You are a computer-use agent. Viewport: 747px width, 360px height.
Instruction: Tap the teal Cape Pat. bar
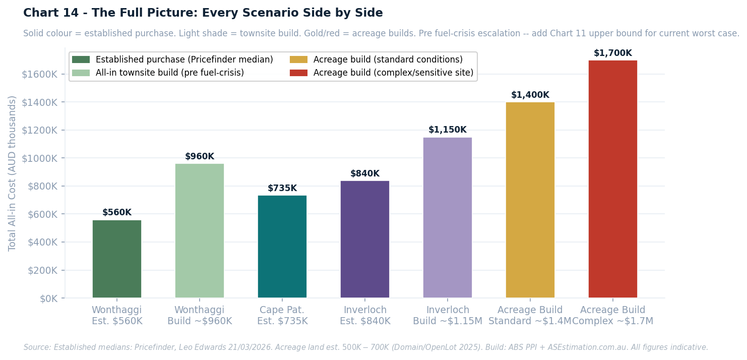point(282,247)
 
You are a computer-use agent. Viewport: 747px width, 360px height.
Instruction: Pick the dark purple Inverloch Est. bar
point(365,239)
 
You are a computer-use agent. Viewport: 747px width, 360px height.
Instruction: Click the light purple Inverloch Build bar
point(448,217)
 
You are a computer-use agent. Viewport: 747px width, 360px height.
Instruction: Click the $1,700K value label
point(613,53)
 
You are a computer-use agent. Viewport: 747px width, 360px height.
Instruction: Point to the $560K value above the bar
point(117,212)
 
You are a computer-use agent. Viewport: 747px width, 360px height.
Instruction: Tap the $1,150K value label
point(448,130)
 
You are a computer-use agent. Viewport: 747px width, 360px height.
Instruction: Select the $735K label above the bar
point(282,188)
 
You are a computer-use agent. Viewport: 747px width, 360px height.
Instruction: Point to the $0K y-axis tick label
point(49,298)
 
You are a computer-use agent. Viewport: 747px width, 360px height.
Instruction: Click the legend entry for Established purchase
point(184,59)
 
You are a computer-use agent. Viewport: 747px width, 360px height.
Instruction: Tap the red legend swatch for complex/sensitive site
point(298,73)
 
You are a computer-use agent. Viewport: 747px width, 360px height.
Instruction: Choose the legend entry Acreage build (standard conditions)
point(388,59)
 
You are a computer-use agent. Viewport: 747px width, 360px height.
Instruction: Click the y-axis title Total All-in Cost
point(13,173)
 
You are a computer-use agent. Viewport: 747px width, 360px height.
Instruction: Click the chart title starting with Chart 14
point(203,13)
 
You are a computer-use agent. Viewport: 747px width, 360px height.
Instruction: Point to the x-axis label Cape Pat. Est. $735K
point(282,315)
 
